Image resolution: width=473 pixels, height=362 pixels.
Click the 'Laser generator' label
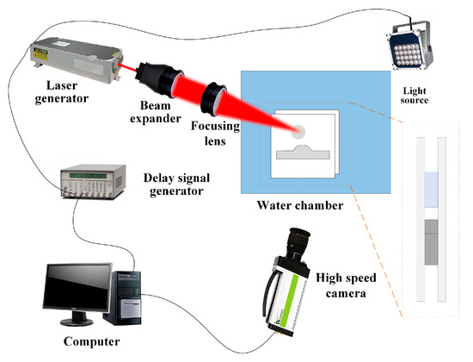(x=62, y=92)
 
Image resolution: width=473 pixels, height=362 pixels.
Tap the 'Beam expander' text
(x=156, y=112)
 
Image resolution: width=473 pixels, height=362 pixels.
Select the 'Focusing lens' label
(x=215, y=133)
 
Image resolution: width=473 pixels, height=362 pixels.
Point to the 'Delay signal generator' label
(x=176, y=184)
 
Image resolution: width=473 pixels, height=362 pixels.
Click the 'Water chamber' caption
(x=300, y=205)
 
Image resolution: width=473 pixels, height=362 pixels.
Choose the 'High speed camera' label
(x=346, y=285)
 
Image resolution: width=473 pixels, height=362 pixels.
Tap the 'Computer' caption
(x=92, y=341)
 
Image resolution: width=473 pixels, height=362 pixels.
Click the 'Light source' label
(x=415, y=96)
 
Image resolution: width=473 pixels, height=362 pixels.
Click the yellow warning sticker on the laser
(x=40, y=53)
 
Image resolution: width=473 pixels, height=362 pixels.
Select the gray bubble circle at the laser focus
(x=298, y=132)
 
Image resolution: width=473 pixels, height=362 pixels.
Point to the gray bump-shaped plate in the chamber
(x=303, y=153)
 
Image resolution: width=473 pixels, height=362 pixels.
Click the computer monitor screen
(x=77, y=287)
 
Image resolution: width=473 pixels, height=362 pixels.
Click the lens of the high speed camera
(x=298, y=239)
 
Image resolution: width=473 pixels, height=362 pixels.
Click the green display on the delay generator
(x=88, y=176)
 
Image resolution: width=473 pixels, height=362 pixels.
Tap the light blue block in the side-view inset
(x=431, y=190)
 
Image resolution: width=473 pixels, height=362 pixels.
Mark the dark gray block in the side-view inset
(x=431, y=242)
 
